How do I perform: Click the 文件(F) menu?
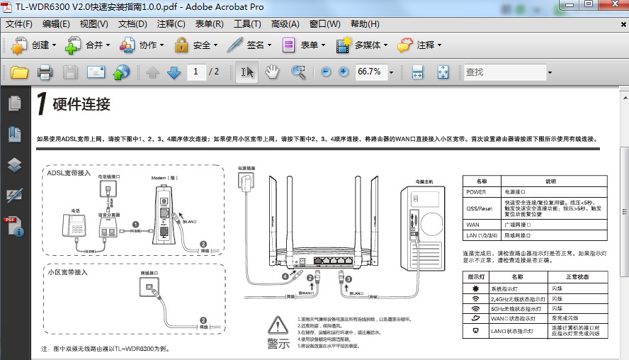coord(19,24)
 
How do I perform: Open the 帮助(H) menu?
coord(365,24)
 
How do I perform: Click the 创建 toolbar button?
coord(33,45)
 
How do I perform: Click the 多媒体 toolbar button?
coord(363,45)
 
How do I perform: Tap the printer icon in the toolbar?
coord(45,72)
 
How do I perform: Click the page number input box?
coord(196,72)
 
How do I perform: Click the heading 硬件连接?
coord(81,105)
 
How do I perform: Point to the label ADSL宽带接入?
coord(69,173)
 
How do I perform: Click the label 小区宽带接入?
coord(68,271)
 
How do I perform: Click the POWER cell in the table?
coord(477,191)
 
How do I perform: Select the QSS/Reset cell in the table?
coord(480,208)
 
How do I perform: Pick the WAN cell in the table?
coord(472,225)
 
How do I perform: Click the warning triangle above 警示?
coord(278,325)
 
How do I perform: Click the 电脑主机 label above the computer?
coord(424,181)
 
